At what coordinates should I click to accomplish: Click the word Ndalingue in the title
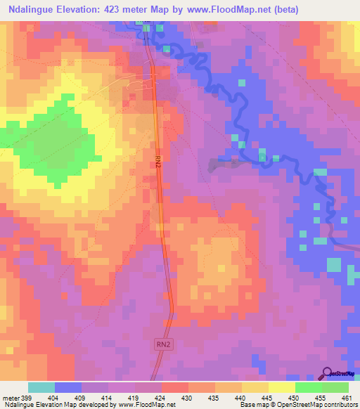[x=36, y=10]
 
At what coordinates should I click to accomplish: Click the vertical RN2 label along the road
[x=158, y=161]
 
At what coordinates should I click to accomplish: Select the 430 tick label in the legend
[x=188, y=398]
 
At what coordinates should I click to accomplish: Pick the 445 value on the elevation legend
[x=268, y=398]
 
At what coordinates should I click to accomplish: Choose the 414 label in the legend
[x=108, y=398]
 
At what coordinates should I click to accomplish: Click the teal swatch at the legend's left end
[x=41, y=387]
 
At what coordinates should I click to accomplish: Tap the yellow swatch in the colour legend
[x=281, y=387]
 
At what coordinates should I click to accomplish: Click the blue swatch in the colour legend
[x=68, y=387]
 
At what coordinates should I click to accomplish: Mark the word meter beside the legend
[x=10, y=398]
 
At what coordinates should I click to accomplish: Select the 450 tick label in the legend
[x=295, y=398]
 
